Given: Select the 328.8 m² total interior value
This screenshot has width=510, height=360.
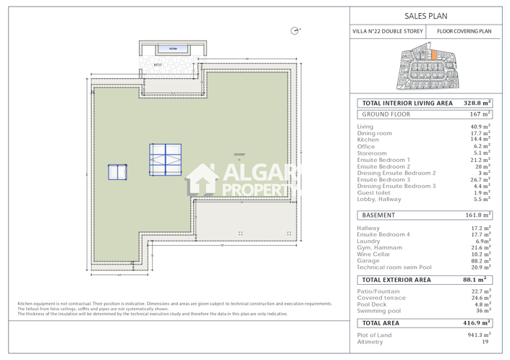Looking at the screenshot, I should pyautogui.click(x=477, y=103).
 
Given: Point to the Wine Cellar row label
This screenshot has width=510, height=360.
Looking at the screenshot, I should pyautogui.click(x=375, y=254).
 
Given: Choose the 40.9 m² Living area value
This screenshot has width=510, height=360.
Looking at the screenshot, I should pyautogui.click(x=480, y=127).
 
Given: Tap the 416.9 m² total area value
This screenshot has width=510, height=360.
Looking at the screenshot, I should pyautogui.click(x=477, y=323).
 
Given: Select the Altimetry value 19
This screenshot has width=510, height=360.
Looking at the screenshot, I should pyautogui.click(x=485, y=342).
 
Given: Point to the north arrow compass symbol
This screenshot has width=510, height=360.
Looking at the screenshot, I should pyautogui.click(x=294, y=30).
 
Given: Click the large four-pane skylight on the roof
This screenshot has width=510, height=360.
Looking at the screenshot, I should pyautogui.click(x=165, y=160).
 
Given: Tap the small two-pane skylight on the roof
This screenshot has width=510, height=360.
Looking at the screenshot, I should pyautogui.click(x=117, y=171).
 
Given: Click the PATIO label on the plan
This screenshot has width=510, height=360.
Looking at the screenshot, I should pyautogui.click(x=158, y=65).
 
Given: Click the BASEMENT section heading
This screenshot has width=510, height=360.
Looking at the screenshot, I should pyautogui.click(x=378, y=215).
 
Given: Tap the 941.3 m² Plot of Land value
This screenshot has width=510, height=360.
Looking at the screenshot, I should pyautogui.click(x=479, y=335).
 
